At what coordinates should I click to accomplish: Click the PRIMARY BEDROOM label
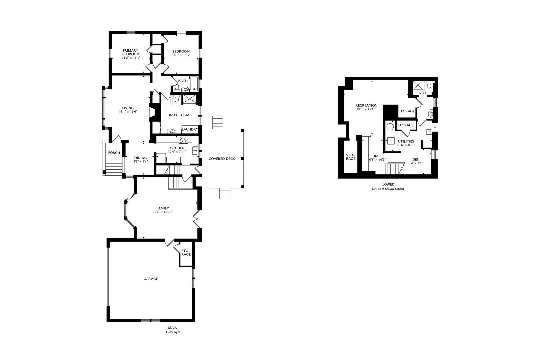tap(131, 52)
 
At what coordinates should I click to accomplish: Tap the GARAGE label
tap(151, 279)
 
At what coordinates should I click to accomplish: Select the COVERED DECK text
tap(222, 159)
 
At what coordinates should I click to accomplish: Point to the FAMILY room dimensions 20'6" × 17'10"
tap(163, 212)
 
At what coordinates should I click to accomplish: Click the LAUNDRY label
tap(190, 129)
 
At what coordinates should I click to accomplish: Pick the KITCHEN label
tap(177, 148)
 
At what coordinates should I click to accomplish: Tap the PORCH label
tap(114, 153)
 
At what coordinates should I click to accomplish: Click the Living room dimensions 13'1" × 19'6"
tap(128, 112)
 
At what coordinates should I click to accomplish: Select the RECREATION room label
tap(366, 105)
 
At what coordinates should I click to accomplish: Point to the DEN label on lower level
tap(416, 159)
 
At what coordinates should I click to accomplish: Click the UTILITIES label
tap(406, 141)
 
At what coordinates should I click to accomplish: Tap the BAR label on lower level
tap(377, 156)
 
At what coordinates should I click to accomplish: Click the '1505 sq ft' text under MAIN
tap(173, 332)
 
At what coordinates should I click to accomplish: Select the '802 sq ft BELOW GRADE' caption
tap(388, 189)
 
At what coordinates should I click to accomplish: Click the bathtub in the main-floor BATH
tap(194, 84)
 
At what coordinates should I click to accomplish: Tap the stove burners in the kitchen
tap(183, 140)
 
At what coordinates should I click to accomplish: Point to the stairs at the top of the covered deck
tap(218, 122)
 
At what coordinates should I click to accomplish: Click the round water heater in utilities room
tap(390, 127)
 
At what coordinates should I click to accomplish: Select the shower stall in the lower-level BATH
tap(418, 86)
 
